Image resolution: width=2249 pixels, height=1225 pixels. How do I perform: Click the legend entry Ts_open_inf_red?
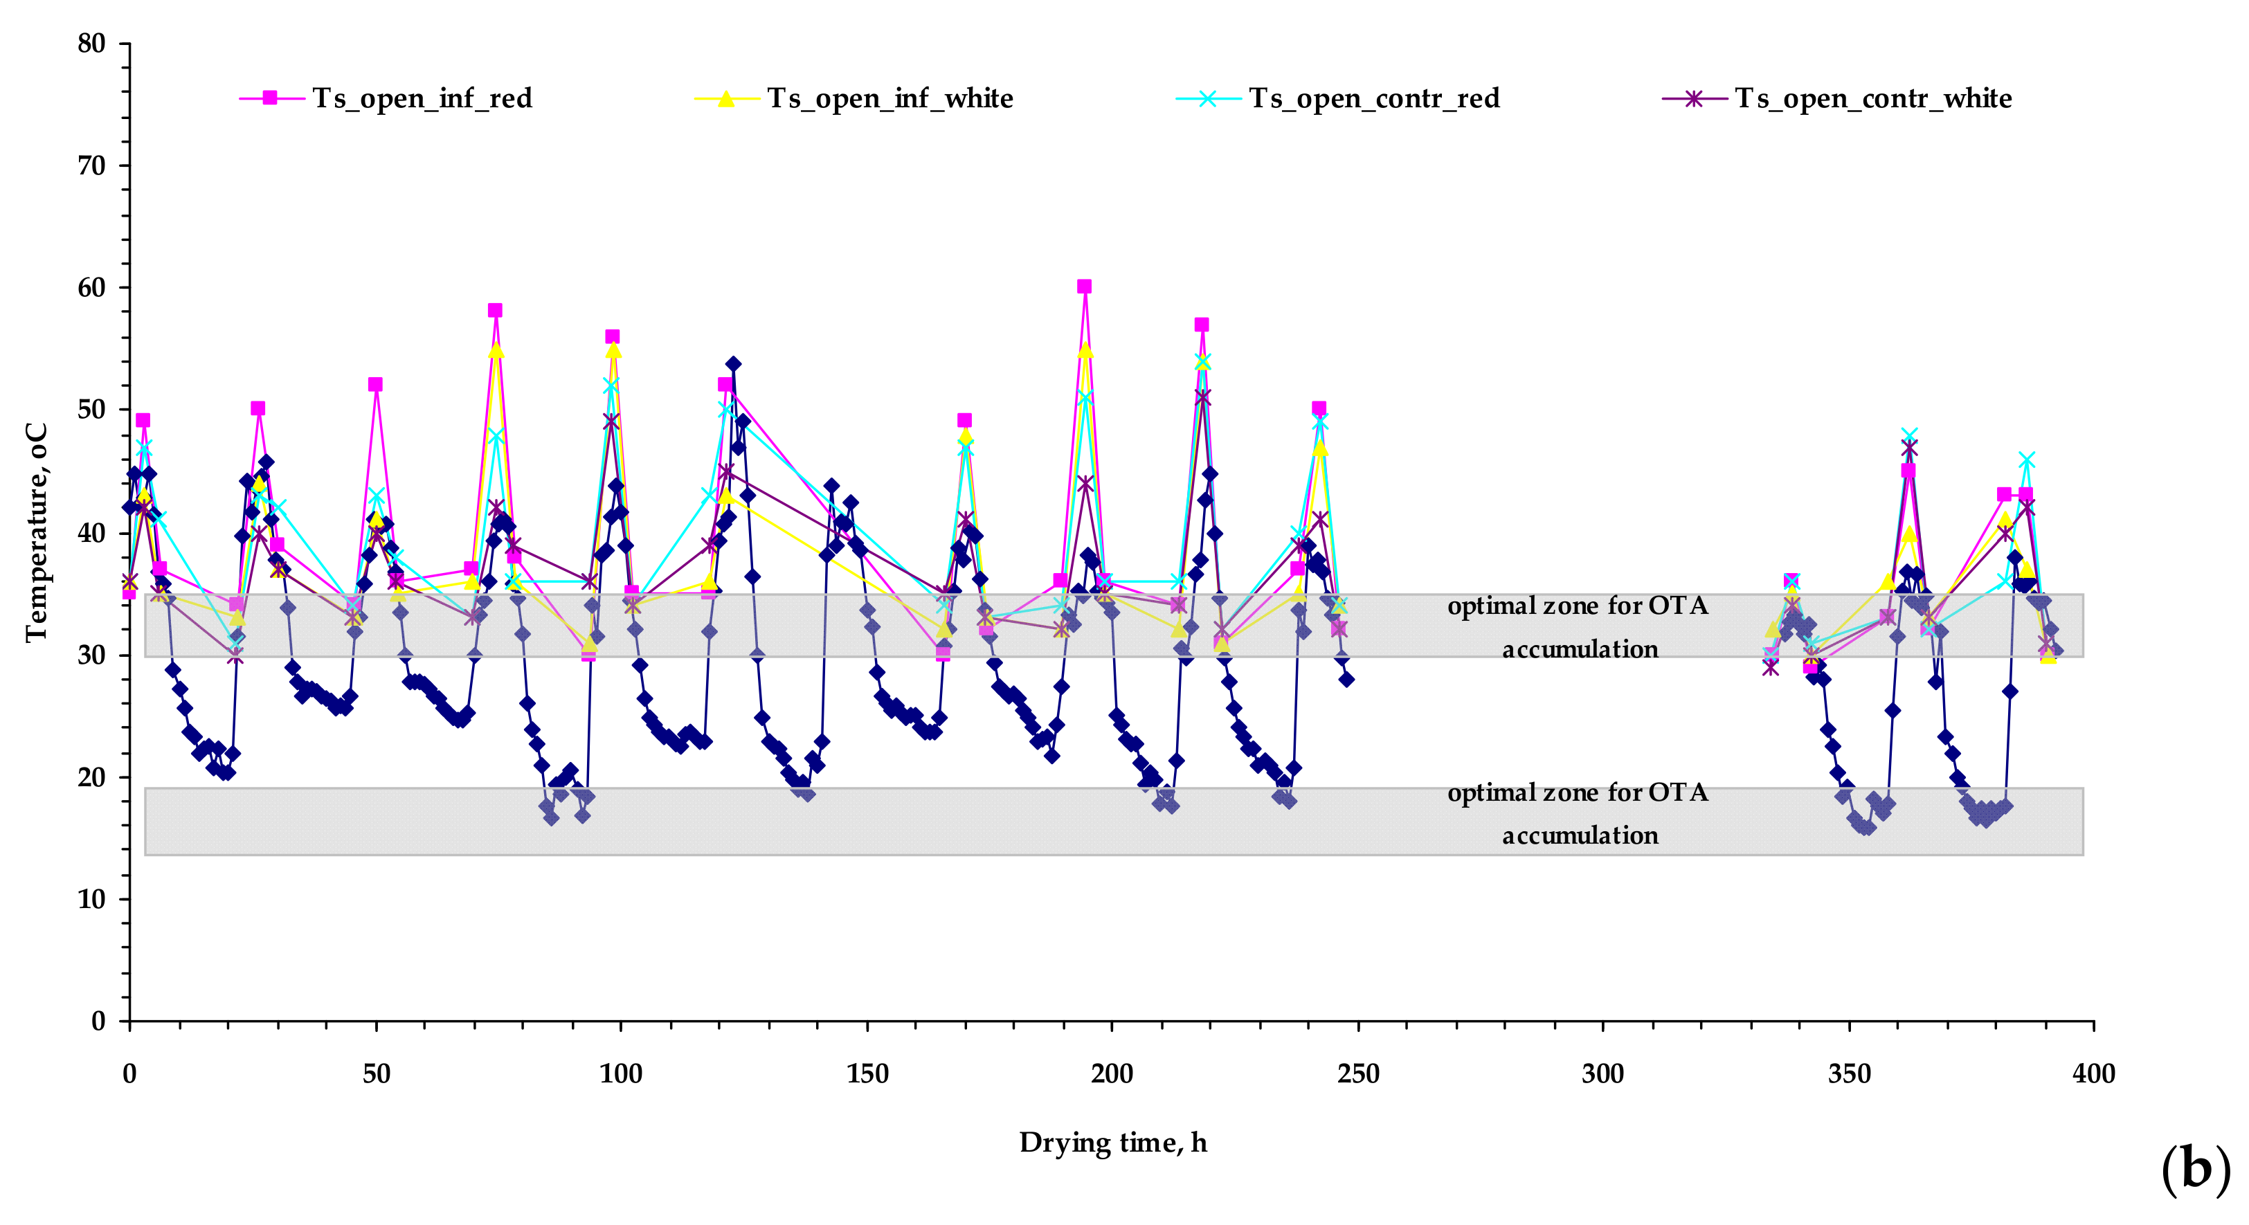422,99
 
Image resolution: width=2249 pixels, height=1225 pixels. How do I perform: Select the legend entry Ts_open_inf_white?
889,99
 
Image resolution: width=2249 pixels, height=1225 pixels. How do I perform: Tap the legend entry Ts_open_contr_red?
1373,99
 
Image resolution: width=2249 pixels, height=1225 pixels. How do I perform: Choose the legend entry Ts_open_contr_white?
1872,99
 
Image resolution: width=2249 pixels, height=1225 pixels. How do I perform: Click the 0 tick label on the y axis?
98,1022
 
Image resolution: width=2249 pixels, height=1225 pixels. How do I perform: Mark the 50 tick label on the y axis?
91,410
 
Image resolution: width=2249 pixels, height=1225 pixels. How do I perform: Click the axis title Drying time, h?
1113,1143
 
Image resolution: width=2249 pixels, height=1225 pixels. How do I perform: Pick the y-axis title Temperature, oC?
36,533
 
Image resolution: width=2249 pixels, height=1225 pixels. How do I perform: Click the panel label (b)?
2195,1169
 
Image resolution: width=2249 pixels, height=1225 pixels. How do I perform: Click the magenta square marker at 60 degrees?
1084,287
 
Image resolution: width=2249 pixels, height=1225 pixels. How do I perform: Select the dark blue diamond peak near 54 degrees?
733,364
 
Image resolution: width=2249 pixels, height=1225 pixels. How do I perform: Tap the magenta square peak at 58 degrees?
495,311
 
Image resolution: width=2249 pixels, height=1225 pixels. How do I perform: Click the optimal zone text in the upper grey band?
1578,627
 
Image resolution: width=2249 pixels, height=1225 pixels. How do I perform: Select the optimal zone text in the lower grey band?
1578,814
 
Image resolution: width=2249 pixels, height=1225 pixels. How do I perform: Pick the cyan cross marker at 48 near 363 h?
1909,436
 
